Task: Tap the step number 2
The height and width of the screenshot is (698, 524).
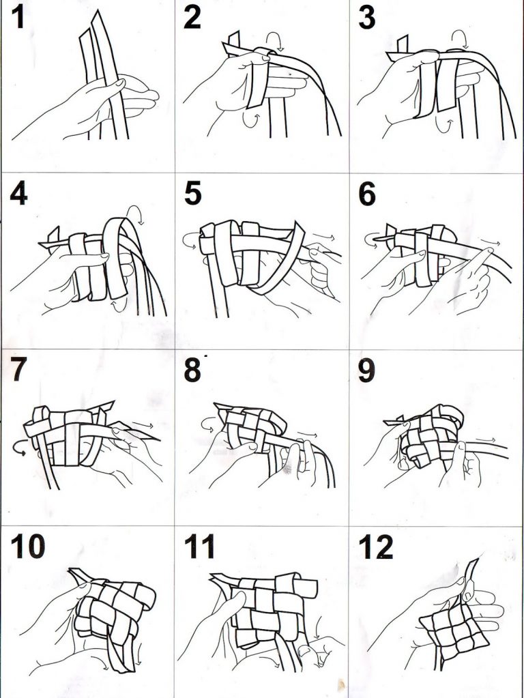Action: [x=192, y=18]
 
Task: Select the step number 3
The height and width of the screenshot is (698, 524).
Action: [x=366, y=18]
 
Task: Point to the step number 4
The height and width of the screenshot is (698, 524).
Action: [x=18, y=194]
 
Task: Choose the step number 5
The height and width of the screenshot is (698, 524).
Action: [x=192, y=194]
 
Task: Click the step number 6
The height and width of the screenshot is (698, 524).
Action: [x=367, y=194]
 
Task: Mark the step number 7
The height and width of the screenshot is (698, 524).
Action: [x=18, y=370]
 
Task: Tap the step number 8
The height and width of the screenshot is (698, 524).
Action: [x=192, y=370]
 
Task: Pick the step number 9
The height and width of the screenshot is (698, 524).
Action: [x=366, y=370]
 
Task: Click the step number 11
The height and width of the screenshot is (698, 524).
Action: [x=199, y=547]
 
